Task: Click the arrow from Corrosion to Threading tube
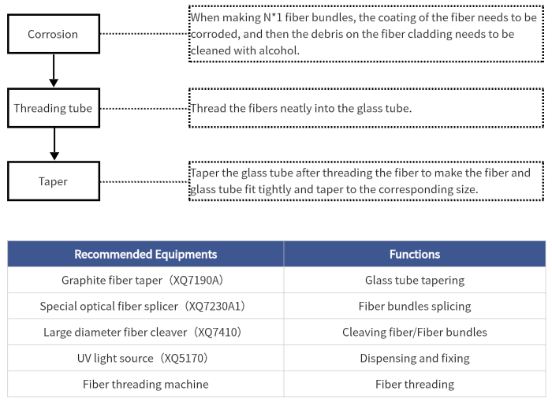point(54,70)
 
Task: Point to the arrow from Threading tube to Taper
point(54,143)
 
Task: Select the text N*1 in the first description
point(273,17)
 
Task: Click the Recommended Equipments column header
point(145,254)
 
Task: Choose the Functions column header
point(415,254)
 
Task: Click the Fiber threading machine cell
point(145,384)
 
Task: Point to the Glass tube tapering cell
point(415,280)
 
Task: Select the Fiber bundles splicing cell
point(415,307)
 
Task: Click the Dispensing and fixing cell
point(415,359)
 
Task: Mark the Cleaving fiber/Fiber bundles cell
point(415,333)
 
